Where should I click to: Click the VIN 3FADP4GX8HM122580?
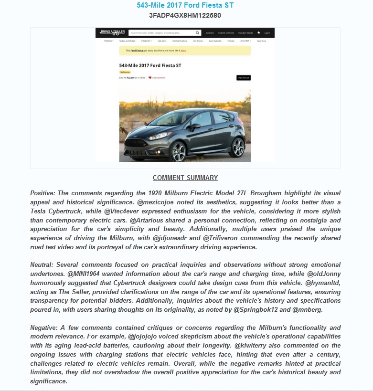pos(185,15)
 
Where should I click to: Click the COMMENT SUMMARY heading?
pos(185,178)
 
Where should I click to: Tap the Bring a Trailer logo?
pos(110,33)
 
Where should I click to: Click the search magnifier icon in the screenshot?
pos(198,33)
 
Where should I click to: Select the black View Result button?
pos(243,77)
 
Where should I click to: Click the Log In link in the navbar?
pos(267,33)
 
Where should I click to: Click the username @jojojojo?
pos(146,337)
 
